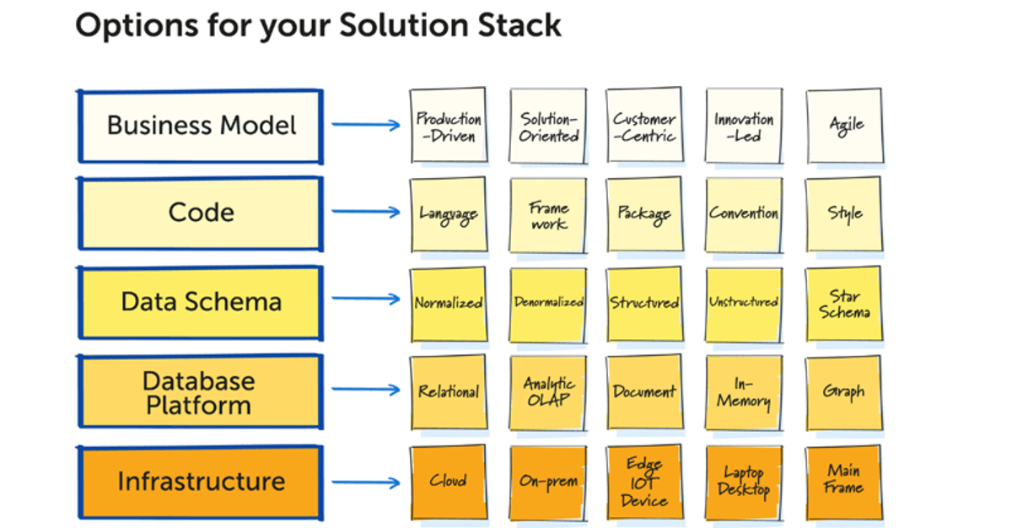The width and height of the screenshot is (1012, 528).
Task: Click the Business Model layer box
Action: coord(200,126)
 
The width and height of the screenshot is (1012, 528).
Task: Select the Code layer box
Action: coord(200,213)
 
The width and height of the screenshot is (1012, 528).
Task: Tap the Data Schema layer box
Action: coord(200,302)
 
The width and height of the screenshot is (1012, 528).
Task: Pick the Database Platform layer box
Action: coord(200,392)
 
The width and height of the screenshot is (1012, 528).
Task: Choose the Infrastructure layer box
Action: coord(200,482)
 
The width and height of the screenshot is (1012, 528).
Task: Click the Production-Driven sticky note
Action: coord(449,126)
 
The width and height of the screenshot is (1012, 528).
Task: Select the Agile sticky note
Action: coord(845,126)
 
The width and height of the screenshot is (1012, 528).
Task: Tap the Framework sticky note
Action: coord(548,215)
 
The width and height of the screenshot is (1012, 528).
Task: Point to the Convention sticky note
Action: coord(744,214)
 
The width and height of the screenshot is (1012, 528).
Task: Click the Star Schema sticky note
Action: coord(844,304)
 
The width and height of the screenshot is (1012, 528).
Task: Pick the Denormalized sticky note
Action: coord(548,303)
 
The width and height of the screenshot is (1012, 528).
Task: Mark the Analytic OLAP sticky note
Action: coord(548,392)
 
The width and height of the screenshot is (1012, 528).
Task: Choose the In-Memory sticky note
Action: coord(744,393)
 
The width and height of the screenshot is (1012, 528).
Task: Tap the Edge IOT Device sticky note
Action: coord(644,482)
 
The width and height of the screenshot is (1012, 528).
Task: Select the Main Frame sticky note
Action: coord(844,481)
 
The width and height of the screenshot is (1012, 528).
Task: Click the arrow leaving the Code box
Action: coord(365,213)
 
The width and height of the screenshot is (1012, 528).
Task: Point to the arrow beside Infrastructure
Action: coord(365,483)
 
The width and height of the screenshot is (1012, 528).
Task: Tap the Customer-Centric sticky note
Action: coord(644,126)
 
